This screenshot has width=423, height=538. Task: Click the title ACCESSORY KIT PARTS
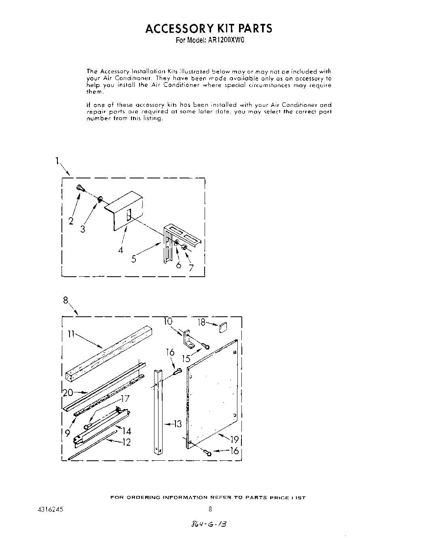209,28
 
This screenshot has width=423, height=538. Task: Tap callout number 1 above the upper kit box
57,161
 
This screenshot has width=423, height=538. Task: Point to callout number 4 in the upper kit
121,250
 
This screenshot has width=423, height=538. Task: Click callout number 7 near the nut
191,267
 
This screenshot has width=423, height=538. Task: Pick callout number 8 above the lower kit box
66,300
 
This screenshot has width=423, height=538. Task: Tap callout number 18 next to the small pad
201,322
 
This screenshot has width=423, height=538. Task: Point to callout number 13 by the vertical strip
178,424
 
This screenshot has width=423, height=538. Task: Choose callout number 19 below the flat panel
235,439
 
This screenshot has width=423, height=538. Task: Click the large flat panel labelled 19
212,396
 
